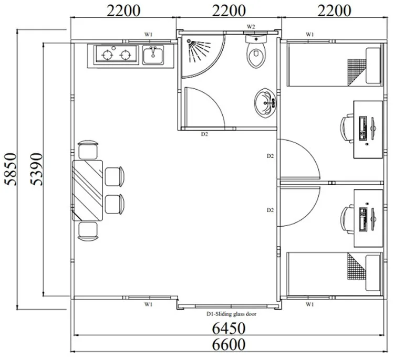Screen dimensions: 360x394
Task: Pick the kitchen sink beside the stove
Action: coord(153,54)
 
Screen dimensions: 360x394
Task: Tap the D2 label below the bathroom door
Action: coord(205,134)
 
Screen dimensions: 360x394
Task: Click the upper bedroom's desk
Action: coord(367,129)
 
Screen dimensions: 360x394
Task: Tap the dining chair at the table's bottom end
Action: coord(88,230)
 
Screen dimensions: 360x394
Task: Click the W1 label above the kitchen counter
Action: coord(149,35)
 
